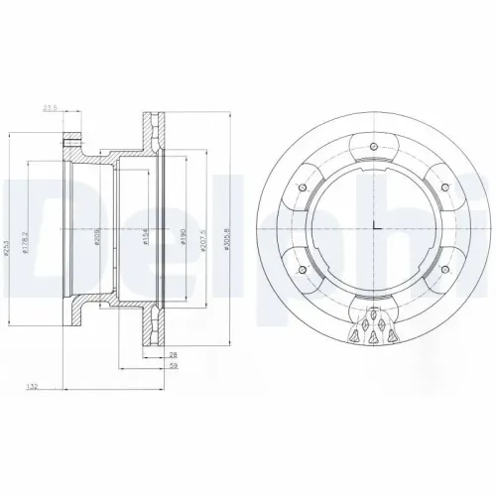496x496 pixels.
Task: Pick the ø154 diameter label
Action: (x=146, y=239)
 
